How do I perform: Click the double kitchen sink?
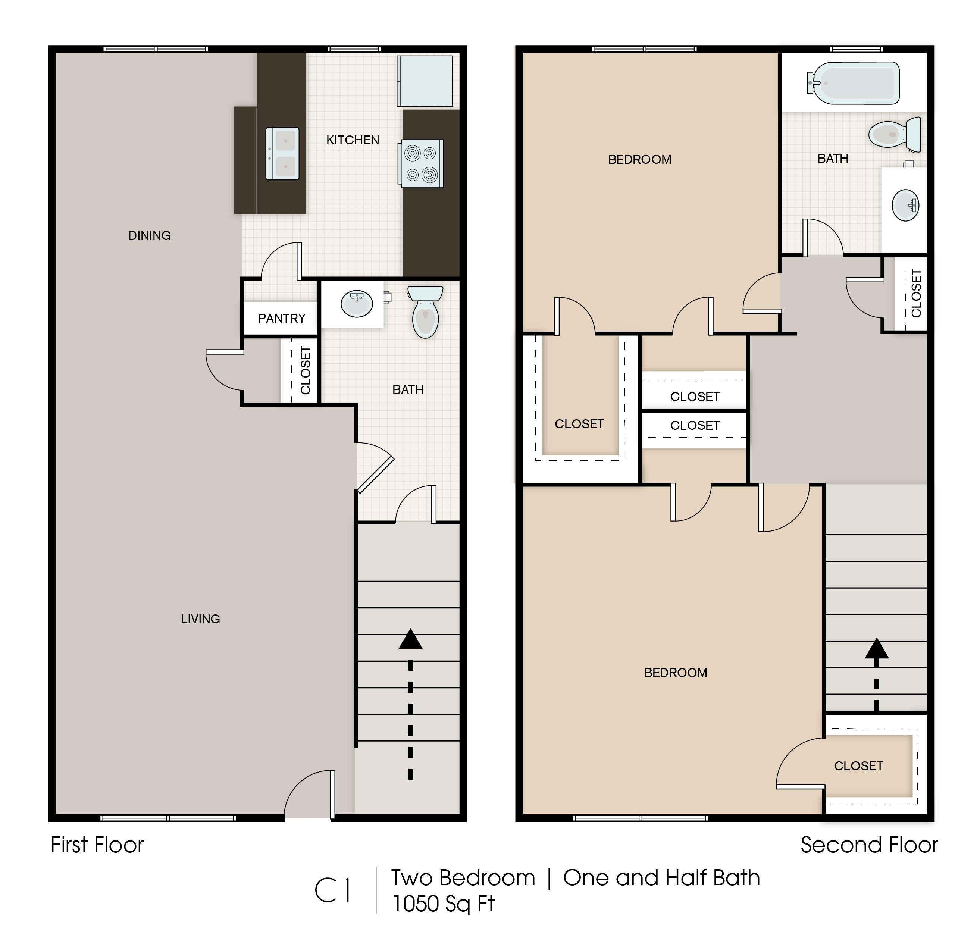(282, 153)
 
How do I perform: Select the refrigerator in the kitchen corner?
(425, 81)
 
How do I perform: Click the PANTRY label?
(282, 319)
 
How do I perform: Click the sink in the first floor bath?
(357, 304)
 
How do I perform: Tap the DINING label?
(150, 235)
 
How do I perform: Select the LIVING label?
(200, 619)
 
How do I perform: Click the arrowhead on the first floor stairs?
(410, 640)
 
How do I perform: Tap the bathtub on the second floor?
(855, 83)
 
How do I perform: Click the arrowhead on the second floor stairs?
(877, 649)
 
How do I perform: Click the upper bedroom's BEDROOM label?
(639, 160)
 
